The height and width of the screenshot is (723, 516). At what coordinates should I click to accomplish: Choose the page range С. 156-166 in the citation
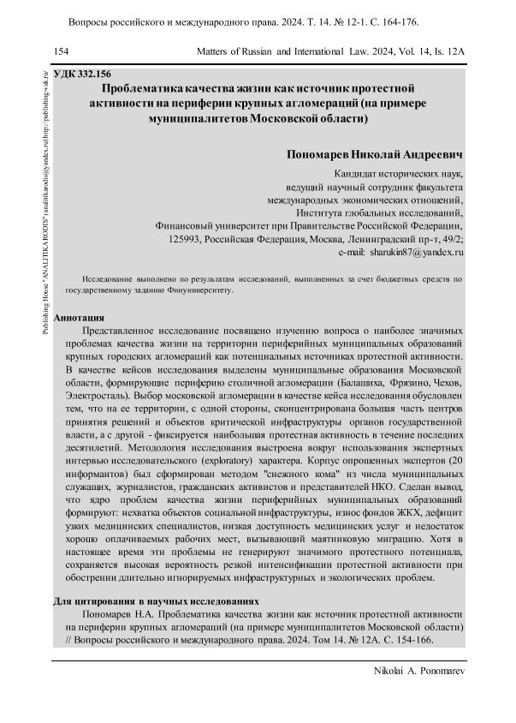[404, 641]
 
